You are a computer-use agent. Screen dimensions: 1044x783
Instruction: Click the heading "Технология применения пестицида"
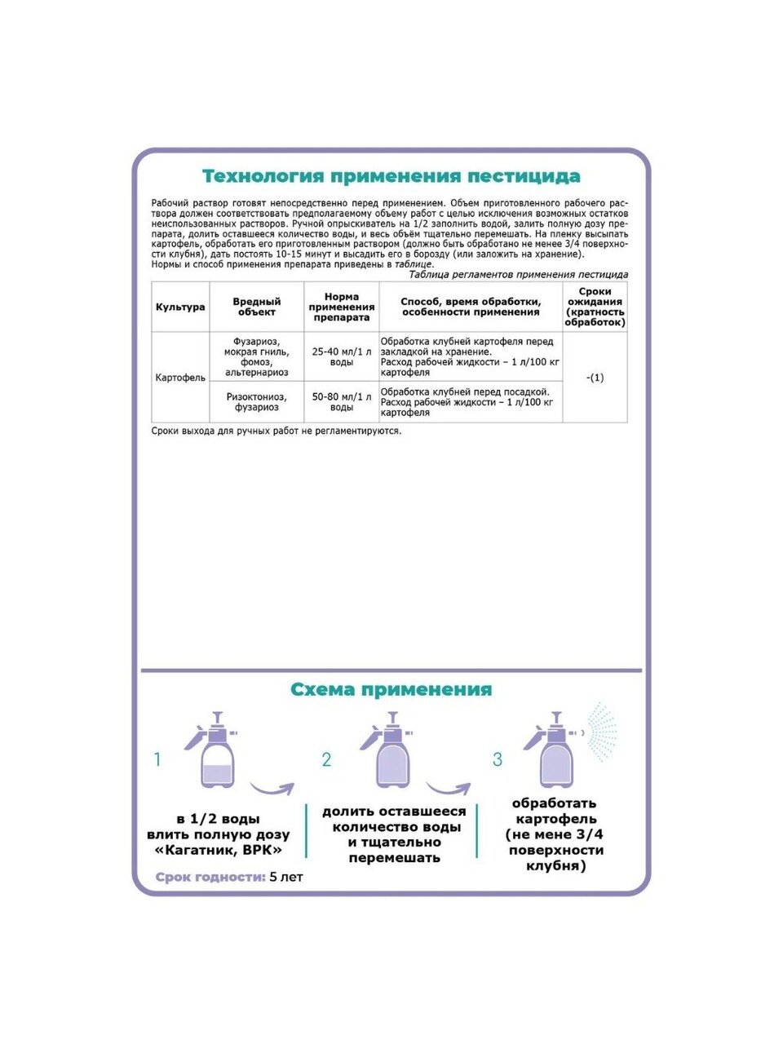coord(391,176)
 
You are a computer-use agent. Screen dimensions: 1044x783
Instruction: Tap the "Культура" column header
coord(180,307)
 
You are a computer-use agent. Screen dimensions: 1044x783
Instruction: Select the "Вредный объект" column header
coord(257,307)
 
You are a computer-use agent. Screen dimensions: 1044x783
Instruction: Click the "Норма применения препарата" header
coord(342,307)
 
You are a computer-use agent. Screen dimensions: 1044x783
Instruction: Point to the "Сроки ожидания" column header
coord(595,307)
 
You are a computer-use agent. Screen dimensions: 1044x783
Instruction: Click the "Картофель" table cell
coord(180,378)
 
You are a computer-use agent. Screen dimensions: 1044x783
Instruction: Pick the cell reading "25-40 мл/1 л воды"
coord(342,356)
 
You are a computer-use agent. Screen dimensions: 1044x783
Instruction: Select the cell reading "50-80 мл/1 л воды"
coord(342,401)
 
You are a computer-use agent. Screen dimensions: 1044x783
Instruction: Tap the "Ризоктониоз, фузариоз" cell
coord(257,401)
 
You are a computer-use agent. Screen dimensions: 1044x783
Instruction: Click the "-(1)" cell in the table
coord(595,378)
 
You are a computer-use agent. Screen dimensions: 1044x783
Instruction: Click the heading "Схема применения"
coord(391,690)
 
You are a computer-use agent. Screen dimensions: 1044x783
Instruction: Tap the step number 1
coord(157,760)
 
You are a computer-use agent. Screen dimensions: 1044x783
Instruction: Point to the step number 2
coord(326,760)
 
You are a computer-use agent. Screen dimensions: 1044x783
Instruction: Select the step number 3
coord(498,760)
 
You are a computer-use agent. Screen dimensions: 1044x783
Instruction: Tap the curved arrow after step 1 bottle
coord(272,789)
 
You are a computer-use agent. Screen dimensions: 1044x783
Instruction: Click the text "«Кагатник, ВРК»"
coord(218,850)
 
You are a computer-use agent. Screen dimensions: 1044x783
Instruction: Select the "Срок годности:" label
coord(210,878)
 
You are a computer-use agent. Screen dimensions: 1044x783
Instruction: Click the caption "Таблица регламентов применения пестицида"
coord(518,275)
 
